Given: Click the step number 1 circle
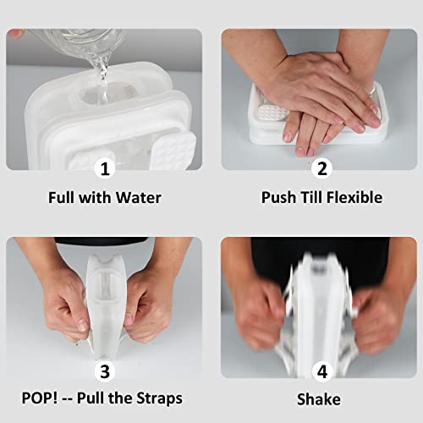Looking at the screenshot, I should coord(105,168).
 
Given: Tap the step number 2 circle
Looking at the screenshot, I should coord(321,168).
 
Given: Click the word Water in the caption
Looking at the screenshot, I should coord(140,197).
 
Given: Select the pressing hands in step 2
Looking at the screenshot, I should coord(326,93).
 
